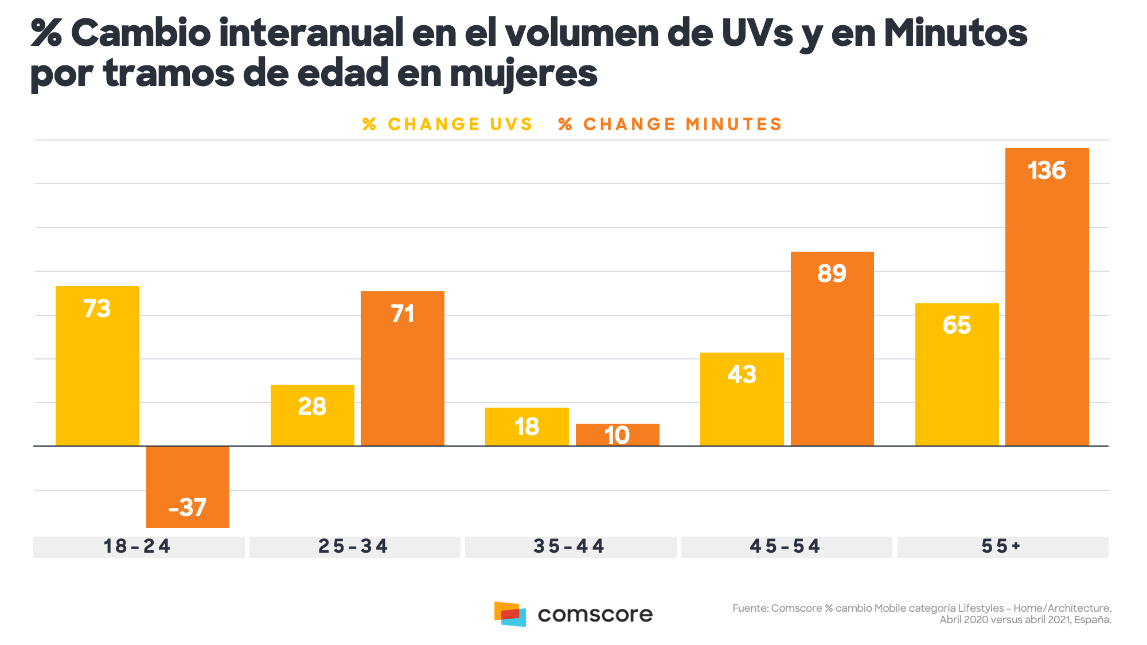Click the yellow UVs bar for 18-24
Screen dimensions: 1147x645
[x=97, y=366]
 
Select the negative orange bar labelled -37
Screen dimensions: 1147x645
[x=188, y=487]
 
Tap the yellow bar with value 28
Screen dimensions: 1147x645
[x=313, y=415]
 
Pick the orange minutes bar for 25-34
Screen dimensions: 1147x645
[x=403, y=369]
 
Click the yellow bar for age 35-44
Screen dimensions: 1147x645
[x=527, y=427]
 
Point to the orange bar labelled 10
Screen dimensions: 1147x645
[x=618, y=435]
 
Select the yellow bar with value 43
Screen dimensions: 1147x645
[x=742, y=399]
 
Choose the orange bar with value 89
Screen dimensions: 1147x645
[x=832, y=349]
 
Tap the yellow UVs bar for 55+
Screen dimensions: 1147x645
[x=957, y=374]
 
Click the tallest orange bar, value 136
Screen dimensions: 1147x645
[x=1047, y=297]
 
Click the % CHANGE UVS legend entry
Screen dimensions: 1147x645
[x=447, y=124]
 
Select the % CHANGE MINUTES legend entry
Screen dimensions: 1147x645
[x=670, y=124]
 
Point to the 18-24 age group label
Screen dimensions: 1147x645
[x=138, y=546]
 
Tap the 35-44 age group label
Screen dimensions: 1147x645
[x=569, y=546]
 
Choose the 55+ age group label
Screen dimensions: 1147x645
[x=1001, y=546]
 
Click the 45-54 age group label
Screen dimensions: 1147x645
[x=786, y=546]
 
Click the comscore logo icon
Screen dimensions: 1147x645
[x=510, y=614]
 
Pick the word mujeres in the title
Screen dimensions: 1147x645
[x=524, y=75]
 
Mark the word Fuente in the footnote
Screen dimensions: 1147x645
[x=750, y=608]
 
